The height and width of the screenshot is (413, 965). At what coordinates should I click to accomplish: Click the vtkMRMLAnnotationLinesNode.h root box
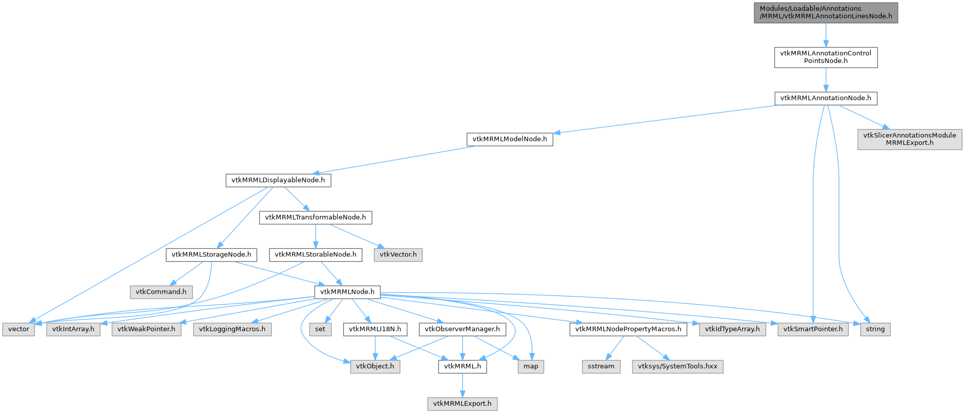pyautogui.click(x=825, y=12)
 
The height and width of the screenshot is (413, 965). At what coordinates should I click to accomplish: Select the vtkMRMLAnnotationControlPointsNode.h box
pyautogui.click(x=825, y=57)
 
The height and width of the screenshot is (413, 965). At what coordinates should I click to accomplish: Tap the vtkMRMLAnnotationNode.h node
pyautogui.click(x=825, y=98)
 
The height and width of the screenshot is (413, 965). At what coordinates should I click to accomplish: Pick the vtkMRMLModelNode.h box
pyautogui.click(x=510, y=139)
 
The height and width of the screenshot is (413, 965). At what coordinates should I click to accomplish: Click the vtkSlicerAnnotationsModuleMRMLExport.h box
pyautogui.click(x=909, y=139)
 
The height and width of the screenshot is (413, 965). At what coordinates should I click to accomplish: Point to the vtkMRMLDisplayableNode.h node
pyautogui.click(x=278, y=180)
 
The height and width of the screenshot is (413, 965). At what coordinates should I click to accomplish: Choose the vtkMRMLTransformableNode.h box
pyautogui.click(x=315, y=217)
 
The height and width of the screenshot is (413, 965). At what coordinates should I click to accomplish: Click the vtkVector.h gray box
pyautogui.click(x=398, y=255)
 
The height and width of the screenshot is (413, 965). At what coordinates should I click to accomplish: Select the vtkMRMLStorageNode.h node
pyautogui.click(x=211, y=255)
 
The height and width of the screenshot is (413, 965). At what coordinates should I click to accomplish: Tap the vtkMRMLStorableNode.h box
pyautogui.click(x=315, y=255)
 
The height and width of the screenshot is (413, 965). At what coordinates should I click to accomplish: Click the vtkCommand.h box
pyautogui.click(x=161, y=292)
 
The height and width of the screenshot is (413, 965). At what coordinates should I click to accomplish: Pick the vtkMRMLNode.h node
pyautogui.click(x=347, y=292)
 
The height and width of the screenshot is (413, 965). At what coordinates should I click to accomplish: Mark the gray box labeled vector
pyautogui.click(x=19, y=329)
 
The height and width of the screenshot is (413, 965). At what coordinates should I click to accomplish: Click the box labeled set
pyautogui.click(x=320, y=329)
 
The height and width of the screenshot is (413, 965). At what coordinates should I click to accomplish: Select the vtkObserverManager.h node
pyautogui.click(x=462, y=329)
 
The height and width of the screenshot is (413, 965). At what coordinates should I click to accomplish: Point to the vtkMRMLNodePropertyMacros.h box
pyautogui.click(x=628, y=329)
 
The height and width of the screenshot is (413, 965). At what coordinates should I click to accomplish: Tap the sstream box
pyautogui.click(x=601, y=366)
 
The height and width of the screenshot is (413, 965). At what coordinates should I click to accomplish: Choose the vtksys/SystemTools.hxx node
pyautogui.click(x=677, y=366)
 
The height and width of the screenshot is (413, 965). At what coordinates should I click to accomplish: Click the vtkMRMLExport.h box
pyautogui.click(x=462, y=404)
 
